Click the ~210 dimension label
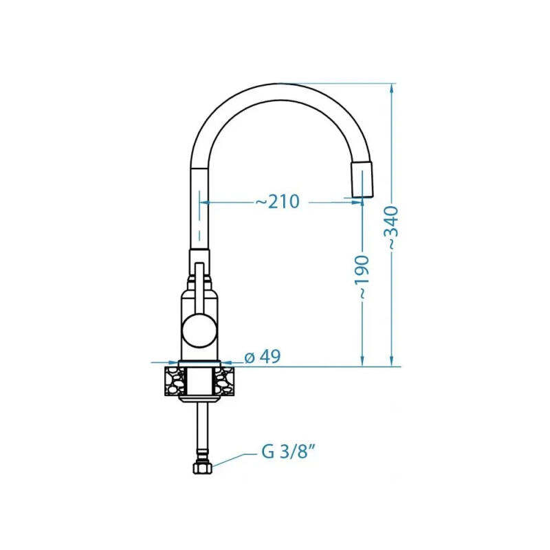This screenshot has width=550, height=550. (278, 201)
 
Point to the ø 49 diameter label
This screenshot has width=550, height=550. (263, 357)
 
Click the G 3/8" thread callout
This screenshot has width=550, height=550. (287, 452)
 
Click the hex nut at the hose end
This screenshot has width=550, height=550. (203, 467)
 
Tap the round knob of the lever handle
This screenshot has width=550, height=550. (199, 331)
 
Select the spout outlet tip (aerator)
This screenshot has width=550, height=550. (362, 180)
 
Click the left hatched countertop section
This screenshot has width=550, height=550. (175, 382)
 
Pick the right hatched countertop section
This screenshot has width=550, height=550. (225, 382)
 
